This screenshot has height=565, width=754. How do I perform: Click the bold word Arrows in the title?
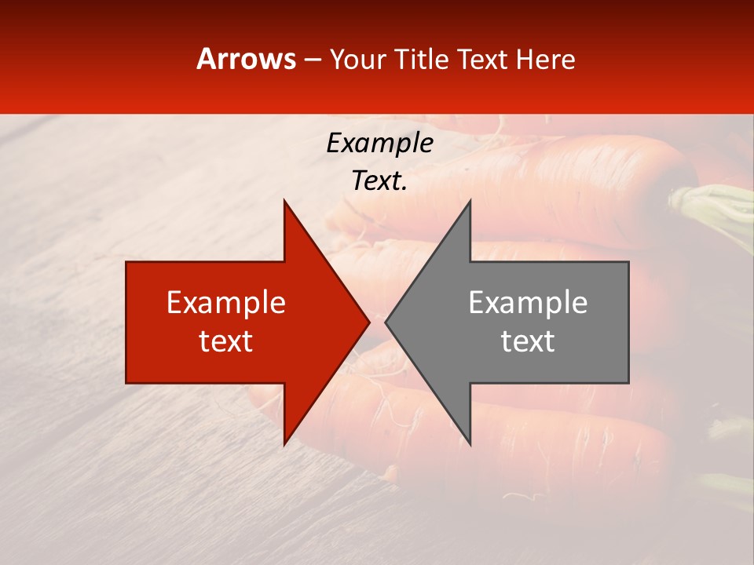point(247,59)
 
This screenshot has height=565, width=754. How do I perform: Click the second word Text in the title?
point(483,59)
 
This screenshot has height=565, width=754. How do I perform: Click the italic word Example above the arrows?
point(379,143)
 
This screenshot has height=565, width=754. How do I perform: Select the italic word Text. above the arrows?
point(379,181)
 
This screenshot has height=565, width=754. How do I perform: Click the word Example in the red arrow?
point(226,303)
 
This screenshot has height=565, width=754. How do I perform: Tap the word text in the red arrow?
point(226,341)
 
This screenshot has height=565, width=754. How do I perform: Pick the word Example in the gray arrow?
point(528,303)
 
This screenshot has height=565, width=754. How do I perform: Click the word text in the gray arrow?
point(528,341)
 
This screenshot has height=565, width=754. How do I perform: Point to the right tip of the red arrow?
point(369,322)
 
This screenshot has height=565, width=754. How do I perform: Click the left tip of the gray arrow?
point(386,322)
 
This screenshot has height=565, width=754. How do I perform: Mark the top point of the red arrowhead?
point(284,201)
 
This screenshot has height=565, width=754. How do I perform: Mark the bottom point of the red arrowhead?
point(284,444)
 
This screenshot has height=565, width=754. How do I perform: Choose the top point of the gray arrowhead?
point(470,201)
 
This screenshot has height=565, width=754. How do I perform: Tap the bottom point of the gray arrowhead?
point(470,444)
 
